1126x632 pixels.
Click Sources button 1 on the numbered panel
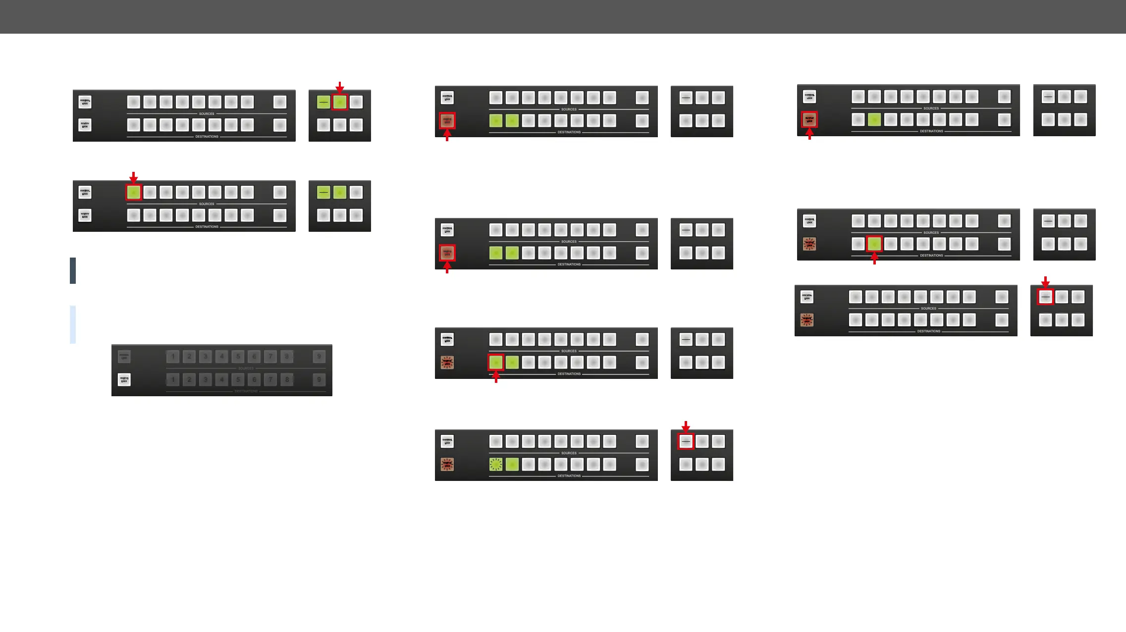click(x=173, y=357)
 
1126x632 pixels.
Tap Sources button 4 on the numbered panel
click(x=222, y=357)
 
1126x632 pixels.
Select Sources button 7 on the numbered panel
click(x=270, y=357)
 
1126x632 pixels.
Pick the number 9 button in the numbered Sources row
click(x=319, y=357)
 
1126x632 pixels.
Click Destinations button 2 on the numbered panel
click(x=189, y=380)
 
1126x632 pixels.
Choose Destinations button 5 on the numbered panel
click(x=238, y=380)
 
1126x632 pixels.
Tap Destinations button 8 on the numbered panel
click(x=287, y=380)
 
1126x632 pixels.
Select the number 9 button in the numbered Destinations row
click(x=319, y=380)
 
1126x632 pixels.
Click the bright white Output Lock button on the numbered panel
click(x=124, y=380)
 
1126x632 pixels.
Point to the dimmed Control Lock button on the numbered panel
click(x=124, y=357)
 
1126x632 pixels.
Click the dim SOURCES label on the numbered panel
click(x=246, y=369)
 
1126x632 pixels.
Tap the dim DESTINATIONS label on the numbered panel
click(x=246, y=391)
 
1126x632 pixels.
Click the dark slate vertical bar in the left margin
click(x=73, y=270)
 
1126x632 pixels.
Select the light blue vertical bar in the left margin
click(x=73, y=324)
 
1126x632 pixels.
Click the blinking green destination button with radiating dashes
click(x=496, y=465)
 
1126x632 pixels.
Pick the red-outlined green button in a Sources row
click(x=134, y=193)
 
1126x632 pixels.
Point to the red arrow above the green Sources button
click(x=133, y=177)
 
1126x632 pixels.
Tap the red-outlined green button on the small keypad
click(x=340, y=102)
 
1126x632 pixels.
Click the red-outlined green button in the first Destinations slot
click(x=496, y=363)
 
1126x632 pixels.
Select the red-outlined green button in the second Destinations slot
click(x=874, y=244)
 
